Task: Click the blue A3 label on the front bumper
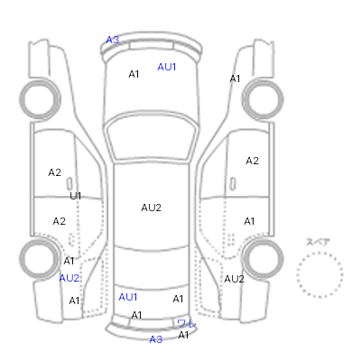113,40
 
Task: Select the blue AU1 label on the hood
167,67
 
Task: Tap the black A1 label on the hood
134,74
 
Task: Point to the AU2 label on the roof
151,208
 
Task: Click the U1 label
76,196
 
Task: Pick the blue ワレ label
187,324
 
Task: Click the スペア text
318,242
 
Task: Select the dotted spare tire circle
319,253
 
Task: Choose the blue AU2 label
69,278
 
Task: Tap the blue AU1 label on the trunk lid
128,297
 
